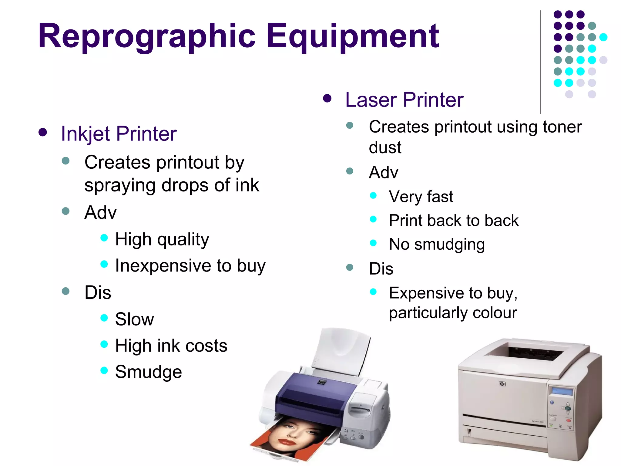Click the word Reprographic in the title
[147, 36]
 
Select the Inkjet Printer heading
[119, 133]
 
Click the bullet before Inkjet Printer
[43, 132]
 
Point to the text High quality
[162, 239]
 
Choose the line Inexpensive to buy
[190, 266]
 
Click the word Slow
[134, 319]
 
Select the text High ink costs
[171, 346]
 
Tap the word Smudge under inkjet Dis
[148, 372]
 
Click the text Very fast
[421, 197]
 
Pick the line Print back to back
[454, 220]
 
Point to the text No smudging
[437, 244]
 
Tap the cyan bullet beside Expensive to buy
[373, 292]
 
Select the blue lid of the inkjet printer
[315, 391]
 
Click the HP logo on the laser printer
[502, 384]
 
